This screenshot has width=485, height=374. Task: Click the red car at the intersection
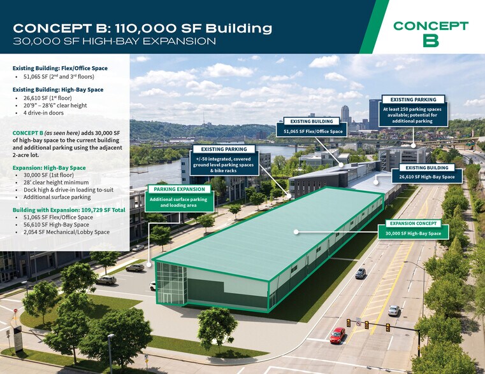tap(337, 335)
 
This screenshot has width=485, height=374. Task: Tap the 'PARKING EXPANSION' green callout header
tap(178, 189)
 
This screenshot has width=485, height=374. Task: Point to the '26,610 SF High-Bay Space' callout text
tap(426, 177)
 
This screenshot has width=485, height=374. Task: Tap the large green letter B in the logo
tap(430, 41)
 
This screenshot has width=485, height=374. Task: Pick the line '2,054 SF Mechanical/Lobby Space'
tap(66, 232)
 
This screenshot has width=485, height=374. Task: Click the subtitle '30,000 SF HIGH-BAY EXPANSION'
tap(115, 41)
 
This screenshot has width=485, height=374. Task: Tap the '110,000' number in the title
tap(156, 28)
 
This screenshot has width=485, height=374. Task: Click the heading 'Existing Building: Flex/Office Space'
tap(60, 68)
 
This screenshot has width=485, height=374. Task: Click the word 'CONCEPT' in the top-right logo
tap(430, 25)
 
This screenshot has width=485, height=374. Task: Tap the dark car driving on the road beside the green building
tap(361, 273)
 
